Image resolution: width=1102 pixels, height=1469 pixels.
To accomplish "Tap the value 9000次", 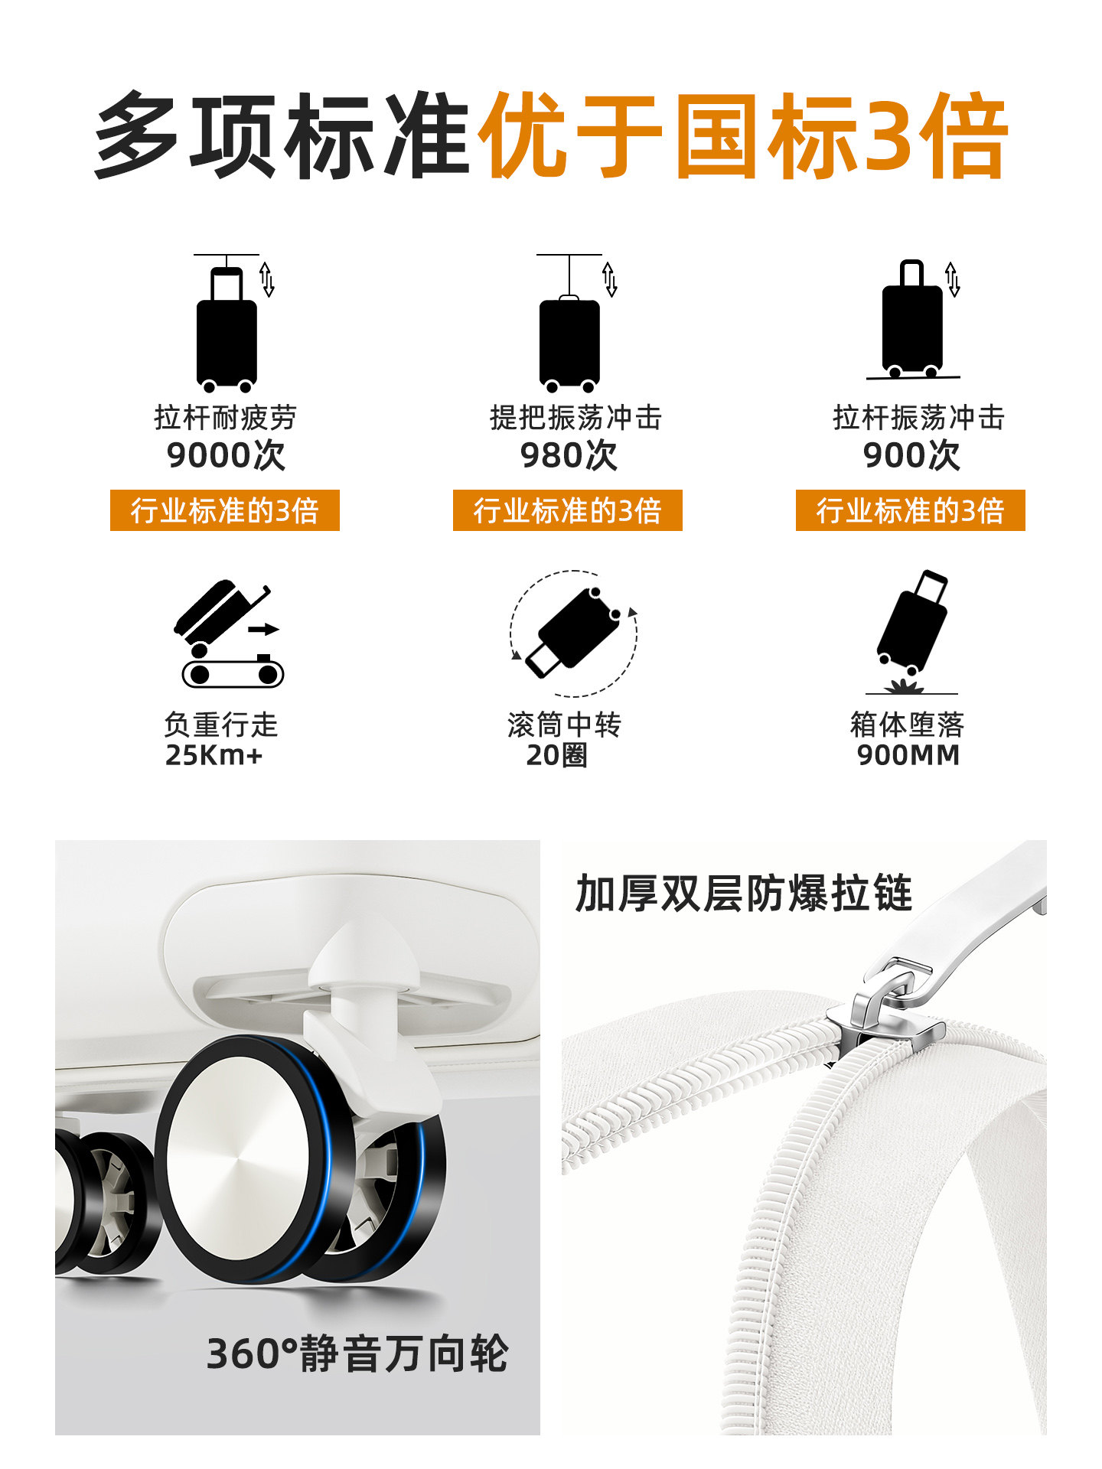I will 226,455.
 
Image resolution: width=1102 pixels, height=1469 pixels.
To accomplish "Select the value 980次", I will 569,455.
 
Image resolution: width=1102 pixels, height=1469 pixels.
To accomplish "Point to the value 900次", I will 911,455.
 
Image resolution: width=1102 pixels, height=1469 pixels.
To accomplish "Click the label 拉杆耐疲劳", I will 226,418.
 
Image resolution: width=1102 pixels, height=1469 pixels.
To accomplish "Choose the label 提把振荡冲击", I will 575,418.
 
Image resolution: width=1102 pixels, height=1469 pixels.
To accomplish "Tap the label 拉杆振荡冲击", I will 918,418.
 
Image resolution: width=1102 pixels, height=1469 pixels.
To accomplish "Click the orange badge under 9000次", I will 224,510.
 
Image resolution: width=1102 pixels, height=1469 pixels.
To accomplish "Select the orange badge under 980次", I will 567,510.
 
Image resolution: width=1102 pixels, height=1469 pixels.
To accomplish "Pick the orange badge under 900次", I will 910,510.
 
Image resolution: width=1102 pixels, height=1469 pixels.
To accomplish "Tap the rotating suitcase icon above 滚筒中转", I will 574,633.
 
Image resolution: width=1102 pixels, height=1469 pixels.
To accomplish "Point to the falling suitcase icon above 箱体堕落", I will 912,631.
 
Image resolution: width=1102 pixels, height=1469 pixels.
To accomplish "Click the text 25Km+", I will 214,755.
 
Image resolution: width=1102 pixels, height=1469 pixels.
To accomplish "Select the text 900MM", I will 908,755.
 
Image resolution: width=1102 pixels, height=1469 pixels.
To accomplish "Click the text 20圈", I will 557,755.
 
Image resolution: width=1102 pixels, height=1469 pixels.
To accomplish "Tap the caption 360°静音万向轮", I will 357,1353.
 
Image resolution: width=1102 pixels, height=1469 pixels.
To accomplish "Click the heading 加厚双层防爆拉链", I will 744,893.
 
